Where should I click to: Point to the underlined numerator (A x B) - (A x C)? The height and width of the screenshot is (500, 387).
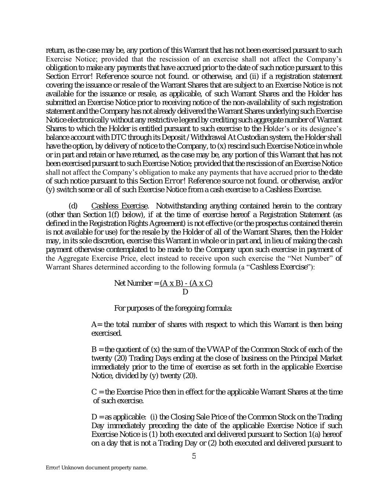pos(186,283)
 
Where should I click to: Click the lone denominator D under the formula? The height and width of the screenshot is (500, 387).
pos(185,292)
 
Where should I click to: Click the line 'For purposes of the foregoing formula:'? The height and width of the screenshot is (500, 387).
pos(173,308)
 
